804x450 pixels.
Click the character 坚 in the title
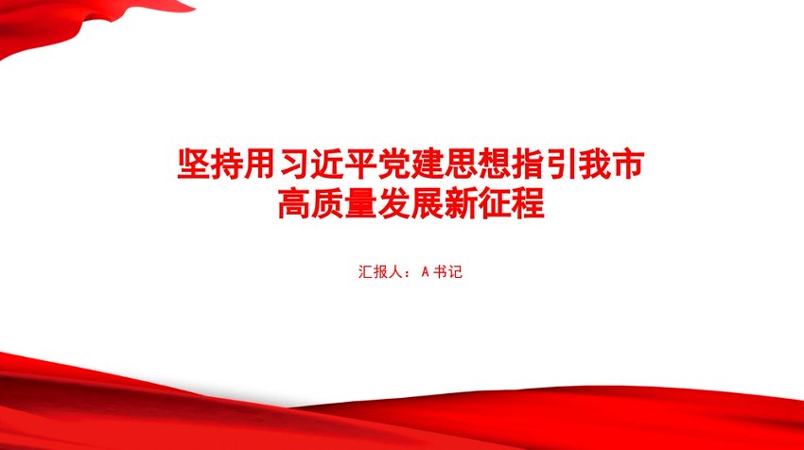(193, 164)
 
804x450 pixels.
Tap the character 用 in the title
(259, 164)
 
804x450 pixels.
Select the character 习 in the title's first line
(294, 164)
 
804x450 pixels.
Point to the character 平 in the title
(360, 164)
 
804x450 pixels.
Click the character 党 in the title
(393, 164)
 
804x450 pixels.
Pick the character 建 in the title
(428, 164)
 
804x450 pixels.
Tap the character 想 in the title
(495, 164)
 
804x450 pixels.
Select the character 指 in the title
(528, 164)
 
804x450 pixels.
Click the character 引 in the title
(561, 164)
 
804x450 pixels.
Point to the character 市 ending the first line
(628, 164)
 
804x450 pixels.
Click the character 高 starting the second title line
(294, 203)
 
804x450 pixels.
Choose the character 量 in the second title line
(360, 203)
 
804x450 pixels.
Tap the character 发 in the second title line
(393, 203)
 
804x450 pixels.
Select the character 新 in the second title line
(461, 203)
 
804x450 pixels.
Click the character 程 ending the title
(528, 203)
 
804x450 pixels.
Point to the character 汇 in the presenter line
(366, 271)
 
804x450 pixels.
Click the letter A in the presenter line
(425, 272)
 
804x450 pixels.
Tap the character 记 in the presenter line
(455, 271)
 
